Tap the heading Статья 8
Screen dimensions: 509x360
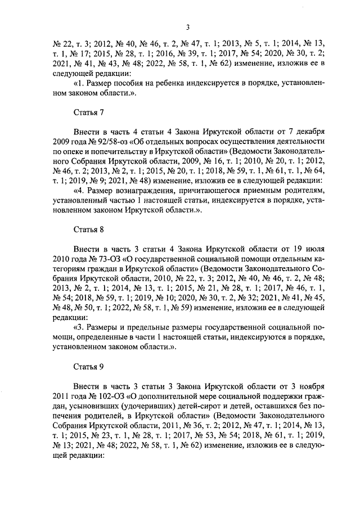[89, 229]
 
